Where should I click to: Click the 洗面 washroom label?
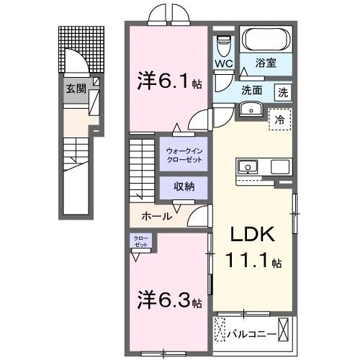[252, 92]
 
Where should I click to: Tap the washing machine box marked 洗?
[283, 92]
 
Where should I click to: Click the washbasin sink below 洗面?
[251, 109]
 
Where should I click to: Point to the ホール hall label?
[157, 215]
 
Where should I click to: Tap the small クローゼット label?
[139, 240]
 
